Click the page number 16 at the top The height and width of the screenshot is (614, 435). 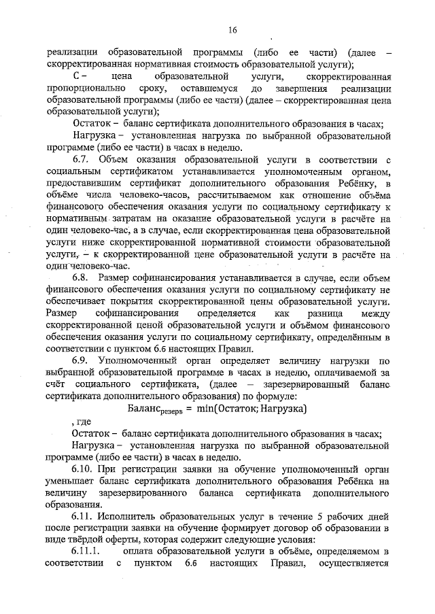(232, 30)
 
